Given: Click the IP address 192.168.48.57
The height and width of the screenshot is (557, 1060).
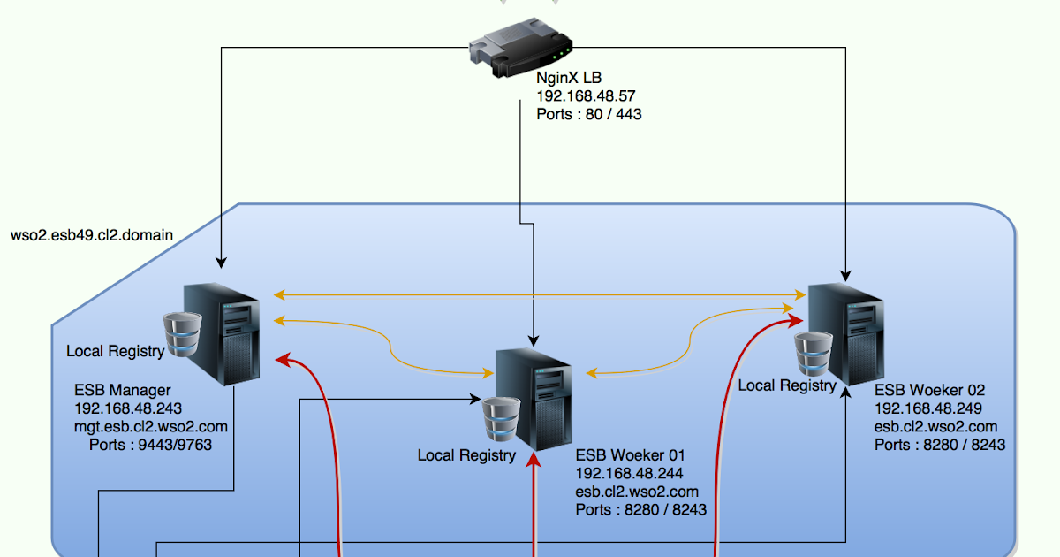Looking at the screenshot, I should [x=586, y=96].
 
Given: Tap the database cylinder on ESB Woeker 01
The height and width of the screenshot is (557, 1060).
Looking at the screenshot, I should [x=502, y=419].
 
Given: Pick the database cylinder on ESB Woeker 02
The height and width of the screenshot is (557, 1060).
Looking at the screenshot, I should [x=813, y=354].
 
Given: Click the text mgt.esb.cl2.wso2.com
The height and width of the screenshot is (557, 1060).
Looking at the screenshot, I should [x=151, y=426].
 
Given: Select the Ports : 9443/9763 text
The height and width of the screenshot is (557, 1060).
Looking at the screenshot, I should [x=150, y=444].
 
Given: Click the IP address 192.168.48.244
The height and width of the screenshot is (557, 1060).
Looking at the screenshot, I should [x=629, y=474].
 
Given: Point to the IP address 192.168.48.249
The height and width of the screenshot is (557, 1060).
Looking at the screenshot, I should [x=928, y=408].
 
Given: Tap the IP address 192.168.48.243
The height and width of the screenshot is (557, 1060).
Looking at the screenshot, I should [x=128, y=408].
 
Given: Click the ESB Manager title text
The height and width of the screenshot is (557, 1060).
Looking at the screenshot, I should [x=122, y=390].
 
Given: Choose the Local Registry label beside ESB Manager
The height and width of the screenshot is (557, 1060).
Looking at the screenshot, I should [x=115, y=351].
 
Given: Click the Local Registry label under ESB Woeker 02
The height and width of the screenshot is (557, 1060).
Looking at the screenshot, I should [x=786, y=385].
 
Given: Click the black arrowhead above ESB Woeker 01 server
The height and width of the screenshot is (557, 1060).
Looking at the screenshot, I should [x=533, y=340].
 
